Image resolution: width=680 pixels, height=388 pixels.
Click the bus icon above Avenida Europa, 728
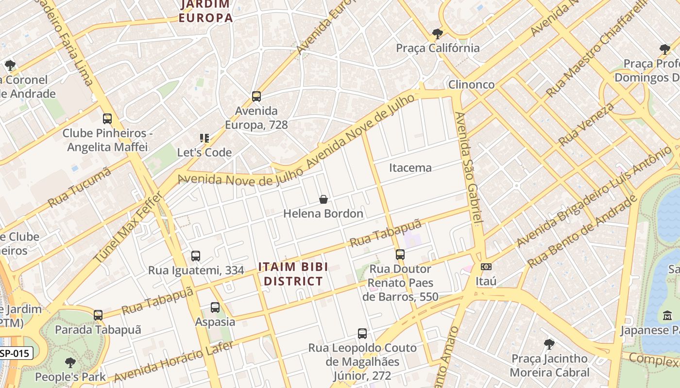[256, 97]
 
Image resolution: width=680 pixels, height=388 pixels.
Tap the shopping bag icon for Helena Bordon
[323, 199]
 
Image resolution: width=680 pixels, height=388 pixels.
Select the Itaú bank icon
[486, 267]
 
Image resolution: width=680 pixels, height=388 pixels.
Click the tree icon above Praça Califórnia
[438, 33]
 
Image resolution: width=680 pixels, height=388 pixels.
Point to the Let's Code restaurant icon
[204, 138]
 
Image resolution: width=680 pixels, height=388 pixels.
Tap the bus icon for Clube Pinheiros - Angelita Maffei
[107, 118]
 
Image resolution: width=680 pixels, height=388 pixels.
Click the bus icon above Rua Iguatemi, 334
[196, 256]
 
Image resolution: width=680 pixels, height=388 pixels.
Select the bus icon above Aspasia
[215, 307]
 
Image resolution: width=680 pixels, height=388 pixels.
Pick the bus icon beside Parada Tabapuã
[98, 315]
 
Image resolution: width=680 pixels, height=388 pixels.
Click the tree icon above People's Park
[70, 362]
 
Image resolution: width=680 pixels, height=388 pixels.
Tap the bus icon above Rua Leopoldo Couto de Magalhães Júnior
[362, 333]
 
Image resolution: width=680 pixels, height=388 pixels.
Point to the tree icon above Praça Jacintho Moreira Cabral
[549, 344]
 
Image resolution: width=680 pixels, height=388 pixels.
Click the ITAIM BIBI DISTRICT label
[293, 274]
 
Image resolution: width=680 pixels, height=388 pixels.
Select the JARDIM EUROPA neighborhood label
[206, 11]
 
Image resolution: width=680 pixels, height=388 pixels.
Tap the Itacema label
[410, 168]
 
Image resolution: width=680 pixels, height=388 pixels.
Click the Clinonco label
[471, 84]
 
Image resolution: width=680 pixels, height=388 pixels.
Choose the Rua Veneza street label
[586, 124]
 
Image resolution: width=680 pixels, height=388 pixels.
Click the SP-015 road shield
[16, 354]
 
